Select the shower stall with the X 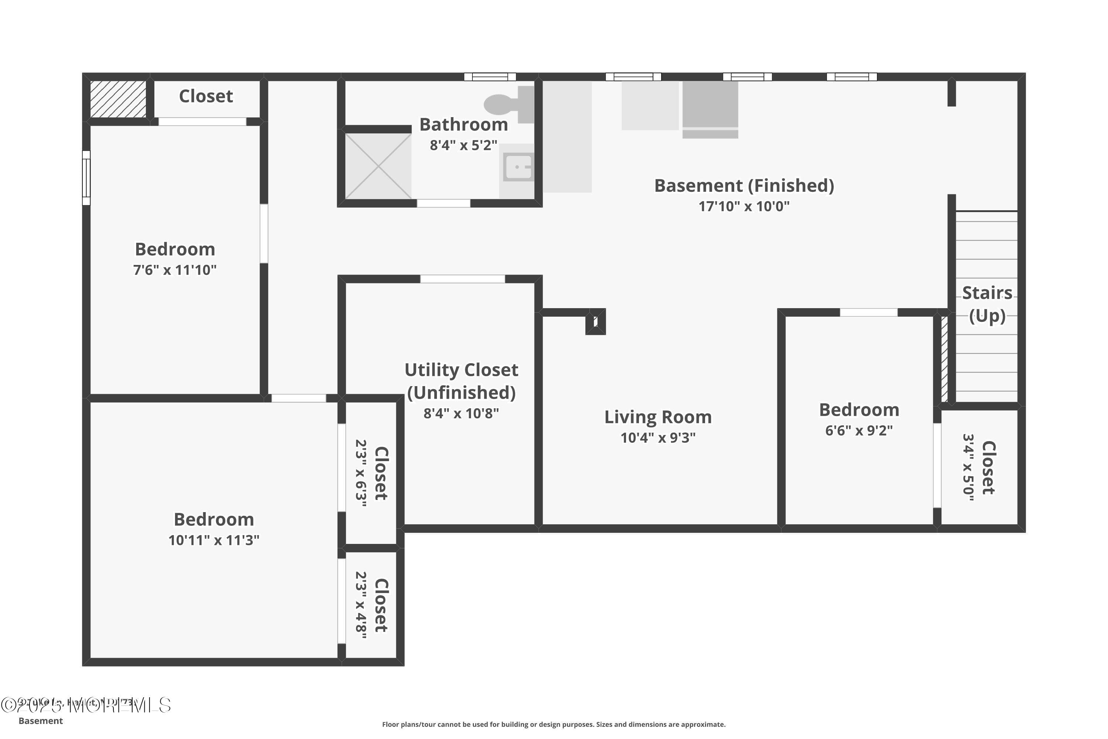click(x=378, y=166)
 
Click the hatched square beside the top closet click(x=118, y=99)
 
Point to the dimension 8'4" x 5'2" click(x=463, y=145)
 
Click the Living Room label click(x=658, y=417)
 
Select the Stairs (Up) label click(x=986, y=304)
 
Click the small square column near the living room click(x=595, y=322)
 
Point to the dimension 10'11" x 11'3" click(x=214, y=540)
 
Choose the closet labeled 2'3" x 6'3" click(x=372, y=473)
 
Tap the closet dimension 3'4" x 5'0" click(x=968, y=467)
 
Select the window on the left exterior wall click(x=86, y=178)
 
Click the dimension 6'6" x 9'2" click(x=859, y=431)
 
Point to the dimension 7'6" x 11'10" click(x=175, y=270)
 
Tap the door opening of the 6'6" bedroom click(x=868, y=313)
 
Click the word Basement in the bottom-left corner click(x=41, y=721)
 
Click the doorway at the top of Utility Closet click(x=462, y=279)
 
